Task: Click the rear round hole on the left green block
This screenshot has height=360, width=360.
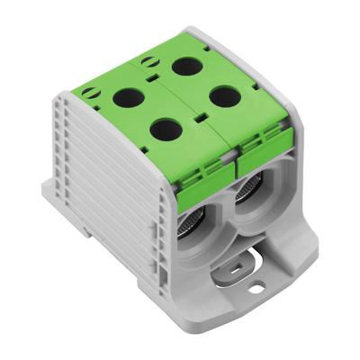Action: click(127, 94)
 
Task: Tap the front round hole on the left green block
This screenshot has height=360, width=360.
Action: click(164, 130)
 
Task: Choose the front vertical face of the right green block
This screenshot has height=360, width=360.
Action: click(252, 144)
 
